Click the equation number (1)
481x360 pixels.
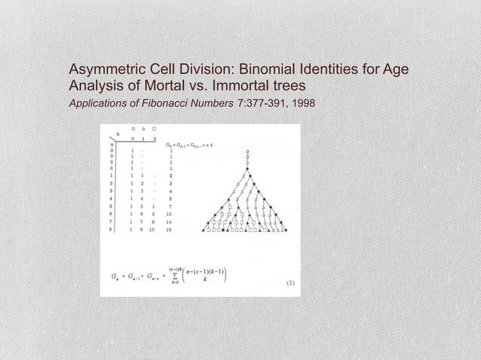coord(289,285)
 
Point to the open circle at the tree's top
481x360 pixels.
coord(247,151)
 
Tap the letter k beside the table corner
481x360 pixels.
coord(118,133)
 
